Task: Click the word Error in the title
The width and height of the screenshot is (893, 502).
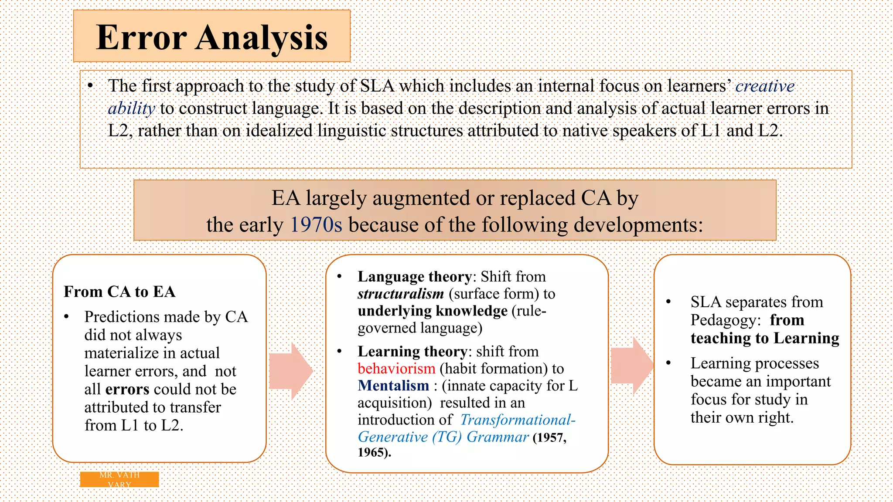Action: pos(141,38)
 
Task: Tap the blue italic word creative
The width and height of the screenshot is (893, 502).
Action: pos(765,86)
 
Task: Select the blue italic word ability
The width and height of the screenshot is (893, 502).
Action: pos(131,109)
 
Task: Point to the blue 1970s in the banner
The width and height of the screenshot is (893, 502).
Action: pos(316,225)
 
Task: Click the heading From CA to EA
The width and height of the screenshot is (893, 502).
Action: pos(119,292)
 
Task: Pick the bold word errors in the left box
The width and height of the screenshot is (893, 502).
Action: pos(127,389)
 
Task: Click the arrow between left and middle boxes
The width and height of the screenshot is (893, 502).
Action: pos(290,371)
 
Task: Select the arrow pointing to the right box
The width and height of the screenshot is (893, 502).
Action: pos(631,366)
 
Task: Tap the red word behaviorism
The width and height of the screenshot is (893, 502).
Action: pos(396,369)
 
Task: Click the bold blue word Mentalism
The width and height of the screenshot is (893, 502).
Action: pos(393,386)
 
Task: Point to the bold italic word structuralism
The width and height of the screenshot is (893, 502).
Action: pos(400,294)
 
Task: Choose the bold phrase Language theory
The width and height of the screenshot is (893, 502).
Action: pos(414,277)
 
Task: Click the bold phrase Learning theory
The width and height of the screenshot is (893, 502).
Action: pos(412,352)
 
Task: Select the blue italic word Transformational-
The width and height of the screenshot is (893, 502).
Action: pos(518,420)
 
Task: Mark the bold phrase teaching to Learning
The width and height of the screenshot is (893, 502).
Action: pos(764,338)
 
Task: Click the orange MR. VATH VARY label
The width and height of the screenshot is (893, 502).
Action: pos(119,479)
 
